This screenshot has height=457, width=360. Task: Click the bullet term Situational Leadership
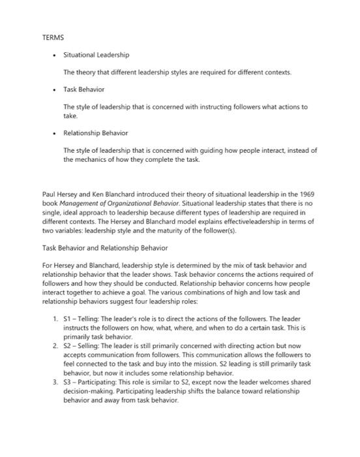[x=96, y=55]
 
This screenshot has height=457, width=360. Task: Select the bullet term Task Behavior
[x=83, y=89]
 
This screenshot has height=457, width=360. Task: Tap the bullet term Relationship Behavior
[x=95, y=133]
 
